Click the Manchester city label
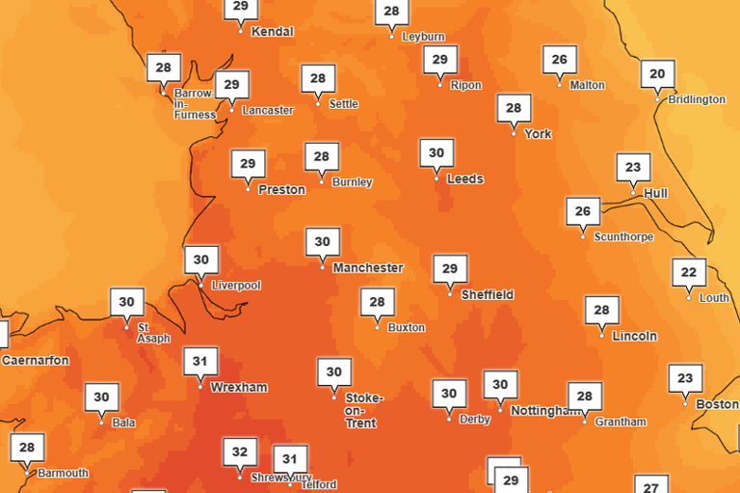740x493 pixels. (368, 267)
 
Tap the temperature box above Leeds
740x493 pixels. (436, 152)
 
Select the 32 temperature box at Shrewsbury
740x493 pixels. (240, 451)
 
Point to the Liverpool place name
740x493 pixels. (236, 286)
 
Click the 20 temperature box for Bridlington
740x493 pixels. (658, 74)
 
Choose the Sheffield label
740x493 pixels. (488, 294)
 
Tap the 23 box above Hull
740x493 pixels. (633, 167)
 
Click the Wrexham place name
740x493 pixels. (239, 387)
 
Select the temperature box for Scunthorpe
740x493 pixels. (583, 211)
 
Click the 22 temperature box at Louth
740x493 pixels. (688, 272)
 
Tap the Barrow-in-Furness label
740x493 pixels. (195, 104)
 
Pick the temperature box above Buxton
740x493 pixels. (377, 302)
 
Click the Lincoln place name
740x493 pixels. (635, 336)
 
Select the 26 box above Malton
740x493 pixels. (560, 60)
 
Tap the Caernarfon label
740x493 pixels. (36, 360)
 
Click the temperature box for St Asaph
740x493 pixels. (126, 302)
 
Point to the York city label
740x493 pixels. (538, 134)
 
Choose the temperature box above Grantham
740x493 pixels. (584, 396)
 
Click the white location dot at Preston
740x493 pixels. (249, 189)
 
